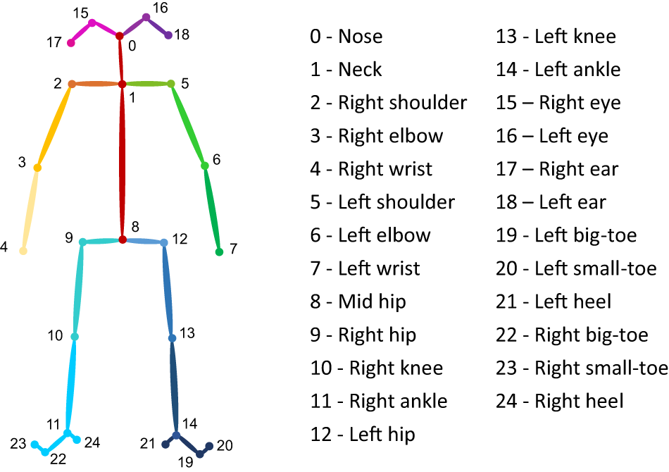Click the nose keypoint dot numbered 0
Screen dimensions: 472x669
[120, 36]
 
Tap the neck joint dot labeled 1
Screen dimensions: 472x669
[122, 84]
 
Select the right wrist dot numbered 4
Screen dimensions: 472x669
[23, 251]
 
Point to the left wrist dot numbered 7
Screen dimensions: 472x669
[219, 251]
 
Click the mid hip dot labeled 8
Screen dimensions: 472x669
[123, 240]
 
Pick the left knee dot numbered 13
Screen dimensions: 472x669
[172, 338]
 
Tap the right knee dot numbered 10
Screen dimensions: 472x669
[75, 337]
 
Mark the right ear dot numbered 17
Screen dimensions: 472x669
[71, 43]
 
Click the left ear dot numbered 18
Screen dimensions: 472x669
[168, 35]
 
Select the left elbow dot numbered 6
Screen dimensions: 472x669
[205, 166]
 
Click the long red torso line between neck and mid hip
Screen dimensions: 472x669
[122, 162]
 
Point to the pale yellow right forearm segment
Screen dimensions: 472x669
[30, 209]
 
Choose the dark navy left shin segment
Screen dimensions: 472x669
[175, 386]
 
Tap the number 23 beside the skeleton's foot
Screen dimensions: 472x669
[18, 444]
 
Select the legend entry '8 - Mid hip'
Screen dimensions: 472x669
[358, 302]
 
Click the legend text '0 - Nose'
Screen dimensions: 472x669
[346, 37]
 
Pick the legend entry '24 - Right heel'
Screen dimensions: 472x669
[560, 402]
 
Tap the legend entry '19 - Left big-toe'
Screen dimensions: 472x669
[566, 235]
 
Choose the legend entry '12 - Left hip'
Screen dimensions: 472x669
[362, 435]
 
